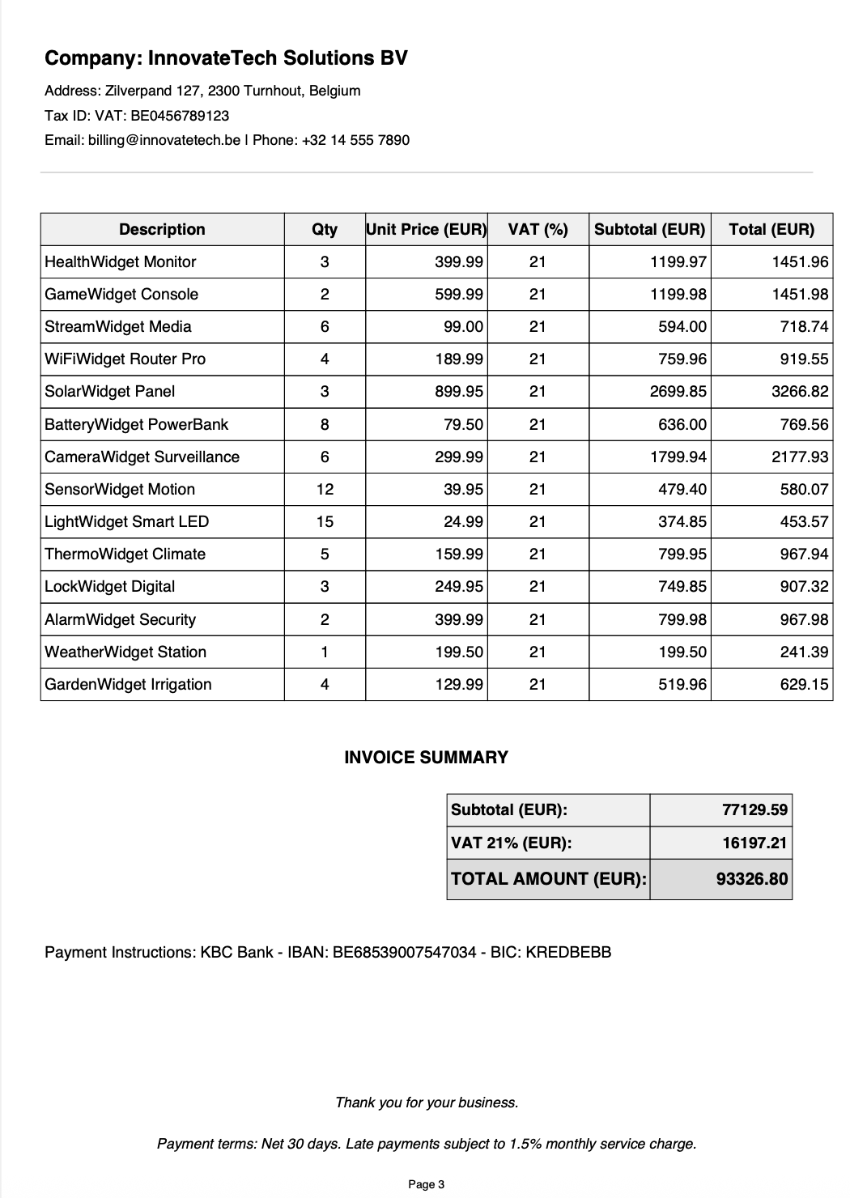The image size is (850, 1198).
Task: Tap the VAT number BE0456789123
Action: (x=180, y=116)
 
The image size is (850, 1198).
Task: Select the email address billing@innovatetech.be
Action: (x=142, y=140)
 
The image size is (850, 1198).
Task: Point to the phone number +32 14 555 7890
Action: (x=355, y=140)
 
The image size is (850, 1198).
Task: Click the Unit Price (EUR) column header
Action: (x=427, y=229)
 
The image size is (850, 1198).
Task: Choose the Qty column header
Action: (x=325, y=229)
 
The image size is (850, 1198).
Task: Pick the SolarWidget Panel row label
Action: (x=110, y=392)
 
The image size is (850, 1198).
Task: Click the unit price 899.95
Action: (x=459, y=392)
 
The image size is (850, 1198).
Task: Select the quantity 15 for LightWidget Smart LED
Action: (x=325, y=522)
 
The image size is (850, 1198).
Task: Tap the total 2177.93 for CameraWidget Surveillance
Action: (x=800, y=457)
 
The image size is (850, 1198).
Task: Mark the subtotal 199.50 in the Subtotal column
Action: (x=682, y=652)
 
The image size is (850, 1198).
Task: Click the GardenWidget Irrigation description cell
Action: (x=128, y=685)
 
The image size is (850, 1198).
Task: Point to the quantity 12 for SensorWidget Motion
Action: (x=325, y=490)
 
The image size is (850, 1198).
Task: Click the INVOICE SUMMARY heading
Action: (x=427, y=758)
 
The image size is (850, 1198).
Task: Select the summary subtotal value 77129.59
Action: (x=754, y=810)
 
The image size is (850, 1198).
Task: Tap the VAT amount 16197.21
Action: (x=754, y=843)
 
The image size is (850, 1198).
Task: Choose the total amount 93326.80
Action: (x=752, y=879)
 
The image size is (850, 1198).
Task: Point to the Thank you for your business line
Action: (x=427, y=1102)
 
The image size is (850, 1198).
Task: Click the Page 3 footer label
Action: (x=427, y=1185)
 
